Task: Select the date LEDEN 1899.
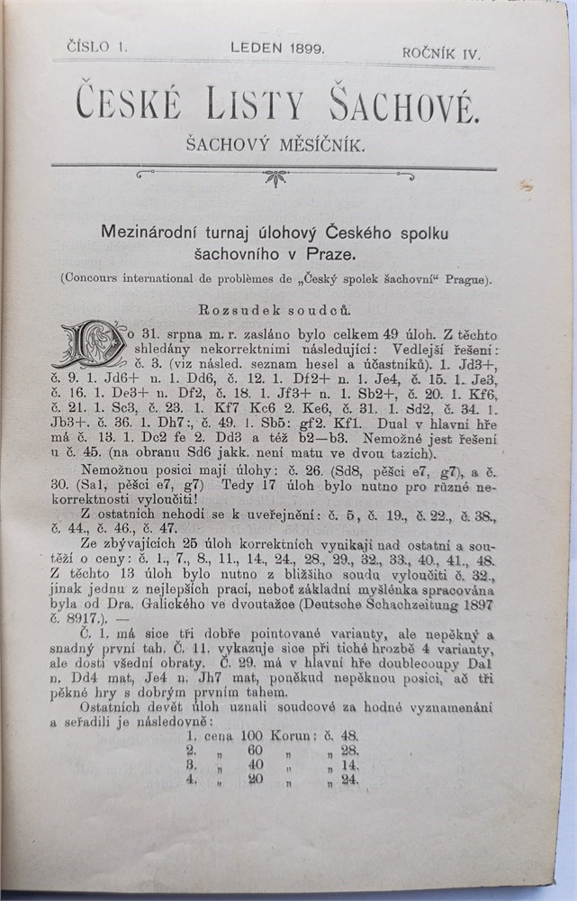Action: tap(277, 49)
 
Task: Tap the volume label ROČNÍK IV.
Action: tap(441, 53)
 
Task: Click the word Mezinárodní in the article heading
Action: tap(152, 232)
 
